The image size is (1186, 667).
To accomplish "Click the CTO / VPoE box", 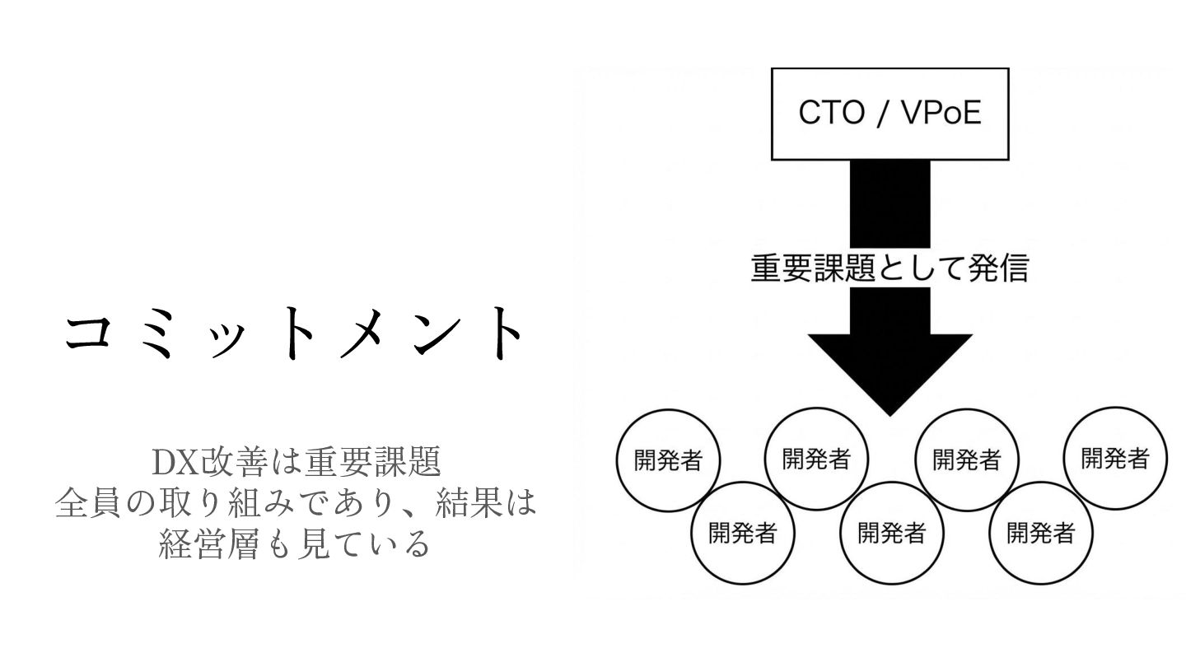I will point(889,114).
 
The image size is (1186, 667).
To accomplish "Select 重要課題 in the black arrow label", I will point(812,268).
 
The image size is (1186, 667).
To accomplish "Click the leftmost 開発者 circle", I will point(668,460).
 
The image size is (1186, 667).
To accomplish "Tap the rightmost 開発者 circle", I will point(1115,458).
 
